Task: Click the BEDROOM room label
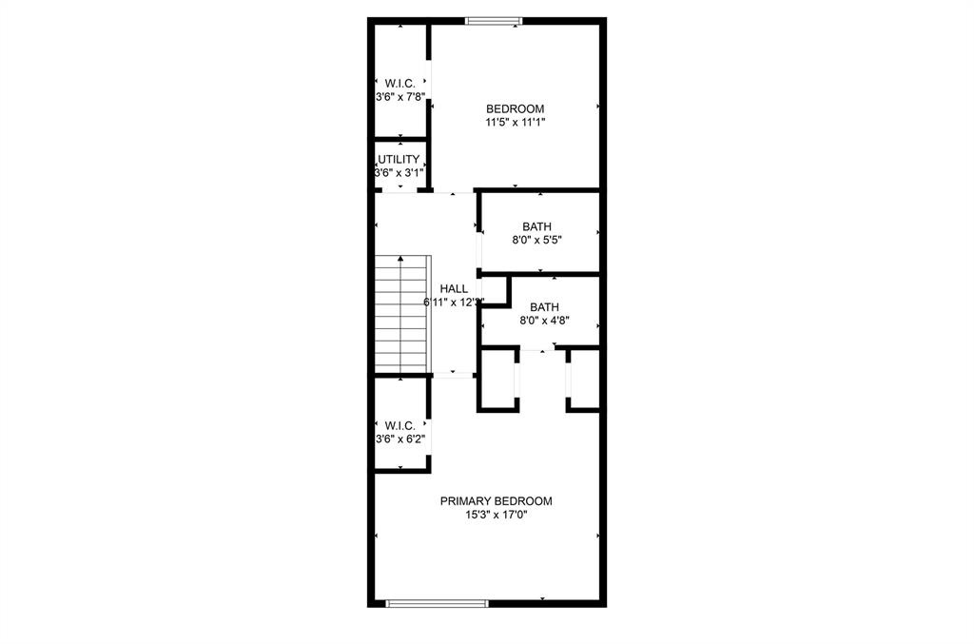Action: pyautogui.click(x=515, y=107)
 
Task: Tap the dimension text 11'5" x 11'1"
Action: pyautogui.click(x=515, y=122)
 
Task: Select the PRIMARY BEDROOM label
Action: pyautogui.click(x=496, y=501)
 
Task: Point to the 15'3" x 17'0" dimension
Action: pyautogui.click(x=496, y=515)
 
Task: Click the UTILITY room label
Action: pyautogui.click(x=399, y=160)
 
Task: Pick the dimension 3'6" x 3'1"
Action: pyautogui.click(x=399, y=173)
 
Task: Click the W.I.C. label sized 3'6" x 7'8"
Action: pyautogui.click(x=399, y=83)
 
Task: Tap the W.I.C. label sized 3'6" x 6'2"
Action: pyautogui.click(x=399, y=425)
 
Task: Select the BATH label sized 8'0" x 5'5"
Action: pyautogui.click(x=536, y=226)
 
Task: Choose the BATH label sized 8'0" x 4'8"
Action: pyautogui.click(x=544, y=307)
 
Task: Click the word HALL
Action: pyautogui.click(x=453, y=288)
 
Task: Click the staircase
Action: pyautogui.click(x=402, y=314)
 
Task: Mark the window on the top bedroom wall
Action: pyautogui.click(x=493, y=20)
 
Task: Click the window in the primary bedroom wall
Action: pyautogui.click(x=438, y=603)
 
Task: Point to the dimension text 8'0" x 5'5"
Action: pyautogui.click(x=536, y=241)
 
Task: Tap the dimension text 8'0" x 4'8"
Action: pyautogui.click(x=544, y=322)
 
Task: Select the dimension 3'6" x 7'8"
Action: pyautogui.click(x=399, y=97)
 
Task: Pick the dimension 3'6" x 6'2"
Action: pyautogui.click(x=399, y=439)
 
